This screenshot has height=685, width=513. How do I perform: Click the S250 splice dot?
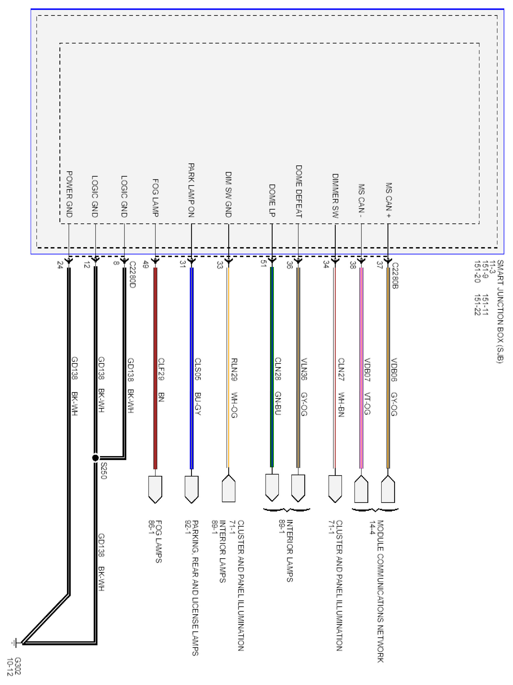pos(96,458)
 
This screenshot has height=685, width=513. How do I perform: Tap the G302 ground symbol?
pos(15,643)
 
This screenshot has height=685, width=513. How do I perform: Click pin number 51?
pos(263,263)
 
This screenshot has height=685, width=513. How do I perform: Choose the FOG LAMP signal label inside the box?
pos(155,198)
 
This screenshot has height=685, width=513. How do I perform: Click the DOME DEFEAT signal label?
pos(298,191)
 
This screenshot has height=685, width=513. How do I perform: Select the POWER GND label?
pos(69,194)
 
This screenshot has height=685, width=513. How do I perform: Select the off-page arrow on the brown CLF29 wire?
pos(155,489)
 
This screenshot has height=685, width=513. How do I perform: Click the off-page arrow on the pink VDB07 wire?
pos(361,489)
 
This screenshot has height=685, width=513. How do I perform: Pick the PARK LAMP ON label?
pos(191,190)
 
